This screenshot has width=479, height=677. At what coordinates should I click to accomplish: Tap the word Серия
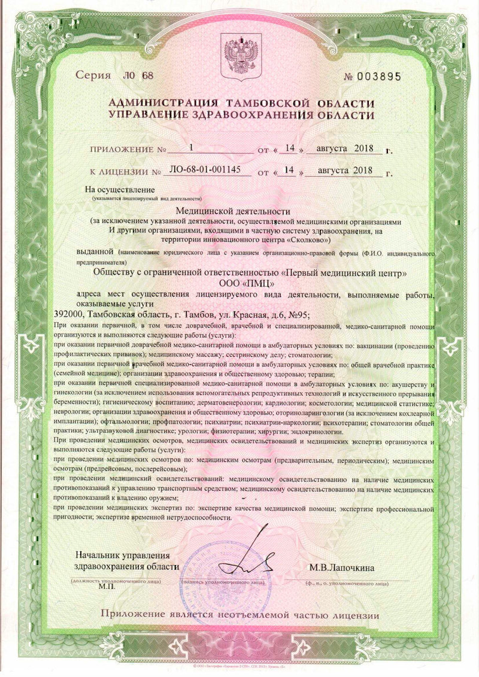click(x=93, y=75)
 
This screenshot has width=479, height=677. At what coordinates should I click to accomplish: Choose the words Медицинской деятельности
click(x=239, y=211)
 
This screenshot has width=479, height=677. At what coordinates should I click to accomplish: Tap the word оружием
click(x=153, y=497)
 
